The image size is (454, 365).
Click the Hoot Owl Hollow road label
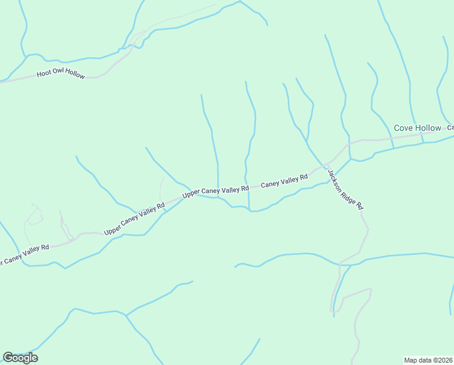click(x=61, y=74)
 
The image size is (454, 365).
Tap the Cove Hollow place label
click(x=418, y=128)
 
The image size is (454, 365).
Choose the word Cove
click(x=404, y=128)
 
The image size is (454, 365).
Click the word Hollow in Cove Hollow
click(x=429, y=128)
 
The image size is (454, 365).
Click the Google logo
click(x=20, y=358)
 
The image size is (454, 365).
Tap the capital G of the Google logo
click(x=8, y=358)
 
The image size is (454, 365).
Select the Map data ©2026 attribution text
click(x=428, y=360)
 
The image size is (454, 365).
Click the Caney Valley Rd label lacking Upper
click(x=284, y=181)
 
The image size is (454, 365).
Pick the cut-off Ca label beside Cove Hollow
click(x=451, y=128)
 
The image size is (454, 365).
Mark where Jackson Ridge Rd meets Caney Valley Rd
click(x=326, y=163)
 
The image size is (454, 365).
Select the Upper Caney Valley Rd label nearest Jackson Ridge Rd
click(x=215, y=191)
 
